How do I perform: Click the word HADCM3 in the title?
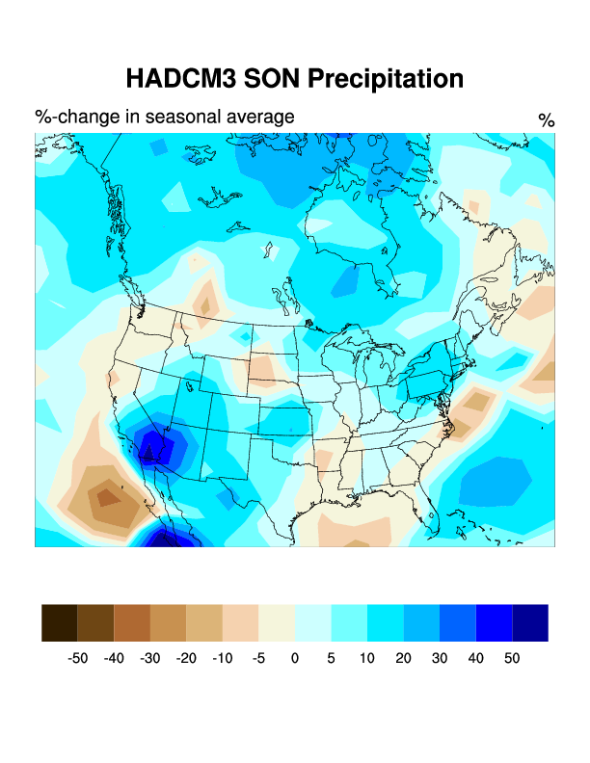[180, 78]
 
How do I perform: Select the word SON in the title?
[269, 78]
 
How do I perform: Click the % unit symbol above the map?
[547, 120]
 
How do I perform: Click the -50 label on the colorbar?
[77, 658]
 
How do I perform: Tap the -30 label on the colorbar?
[149, 658]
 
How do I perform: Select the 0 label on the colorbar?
[295, 658]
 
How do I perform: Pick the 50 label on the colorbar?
[512, 658]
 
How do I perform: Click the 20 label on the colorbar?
[404, 658]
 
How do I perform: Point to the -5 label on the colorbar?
[258, 658]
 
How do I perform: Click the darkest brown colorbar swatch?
[60, 622]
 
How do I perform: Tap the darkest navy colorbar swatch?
[530, 622]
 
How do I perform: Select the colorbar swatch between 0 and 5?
[312, 622]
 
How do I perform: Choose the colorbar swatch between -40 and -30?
[132, 622]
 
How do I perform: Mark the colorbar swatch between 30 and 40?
[458, 622]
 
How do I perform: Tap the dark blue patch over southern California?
[151, 447]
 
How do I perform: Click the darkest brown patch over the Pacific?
[103, 497]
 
